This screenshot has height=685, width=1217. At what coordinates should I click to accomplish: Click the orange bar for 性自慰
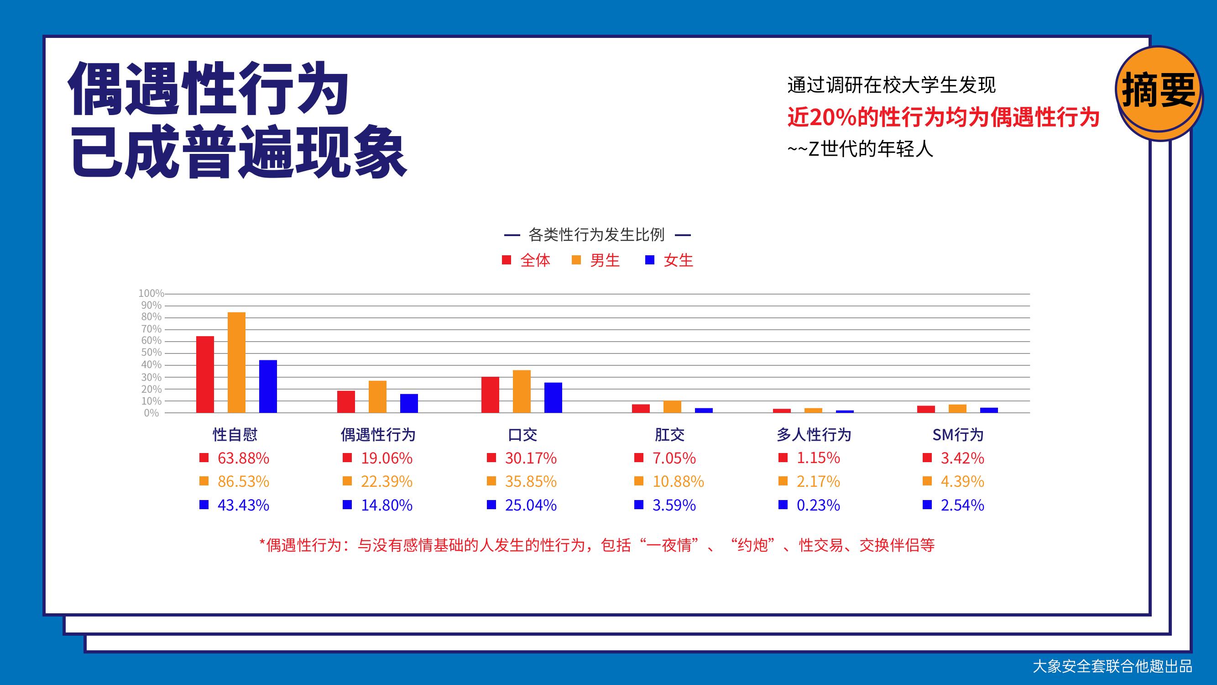coord(236,363)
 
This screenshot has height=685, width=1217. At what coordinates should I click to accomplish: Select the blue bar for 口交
coord(553,398)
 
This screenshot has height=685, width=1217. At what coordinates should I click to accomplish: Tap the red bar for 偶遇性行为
coord(346,402)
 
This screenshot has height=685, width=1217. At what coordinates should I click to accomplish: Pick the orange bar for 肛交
coord(672,406)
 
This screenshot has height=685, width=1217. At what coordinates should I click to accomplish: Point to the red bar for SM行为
coord(926,409)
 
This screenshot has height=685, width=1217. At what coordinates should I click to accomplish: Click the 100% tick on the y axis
coord(151,294)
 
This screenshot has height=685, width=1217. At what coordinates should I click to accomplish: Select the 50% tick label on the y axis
coord(151,353)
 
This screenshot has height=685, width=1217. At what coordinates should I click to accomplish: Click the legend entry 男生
coord(596,260)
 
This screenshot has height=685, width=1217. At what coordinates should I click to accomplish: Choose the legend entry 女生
coord(669,260)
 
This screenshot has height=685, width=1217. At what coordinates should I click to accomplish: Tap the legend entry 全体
coord(526,260)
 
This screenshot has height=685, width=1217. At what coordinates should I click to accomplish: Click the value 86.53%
coord(243,481)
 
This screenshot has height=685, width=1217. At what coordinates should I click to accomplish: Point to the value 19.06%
coord(387,458)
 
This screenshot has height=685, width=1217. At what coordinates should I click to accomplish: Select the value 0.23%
coord(818,505)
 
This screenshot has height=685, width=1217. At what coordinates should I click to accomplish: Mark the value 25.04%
coord(531,505)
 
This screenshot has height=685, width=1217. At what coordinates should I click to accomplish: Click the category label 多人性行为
coord(814,434)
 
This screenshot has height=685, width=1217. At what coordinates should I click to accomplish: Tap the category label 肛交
coord(669,434)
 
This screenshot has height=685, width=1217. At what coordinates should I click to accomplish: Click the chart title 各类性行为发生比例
coord(596,234)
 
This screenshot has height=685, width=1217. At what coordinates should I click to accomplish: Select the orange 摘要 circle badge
coord(1159,92)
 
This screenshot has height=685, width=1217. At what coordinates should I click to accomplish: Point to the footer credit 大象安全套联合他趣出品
coord(1113,666)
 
